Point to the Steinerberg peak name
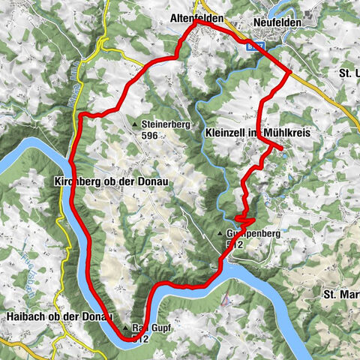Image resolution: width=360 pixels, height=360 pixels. point(163,124)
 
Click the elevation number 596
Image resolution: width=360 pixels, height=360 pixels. point(151,136)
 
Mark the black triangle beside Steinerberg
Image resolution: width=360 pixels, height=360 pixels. point(135,124)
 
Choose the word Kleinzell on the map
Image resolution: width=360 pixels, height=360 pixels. point(227,132)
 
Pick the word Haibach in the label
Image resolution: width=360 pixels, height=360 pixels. point(23,314)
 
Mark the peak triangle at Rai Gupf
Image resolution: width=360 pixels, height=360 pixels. point(125,328)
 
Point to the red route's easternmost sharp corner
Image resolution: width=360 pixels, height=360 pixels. point(290,72)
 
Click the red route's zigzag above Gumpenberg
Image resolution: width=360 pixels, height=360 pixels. point(244,219)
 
